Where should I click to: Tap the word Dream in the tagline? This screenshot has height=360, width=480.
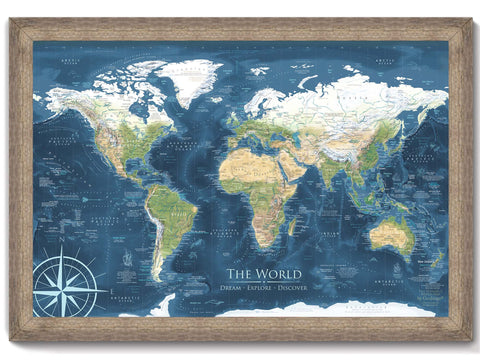coord(233,287)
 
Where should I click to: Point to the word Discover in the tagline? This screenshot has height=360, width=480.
coord(295,287)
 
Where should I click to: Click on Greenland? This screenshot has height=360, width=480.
coord(189,78)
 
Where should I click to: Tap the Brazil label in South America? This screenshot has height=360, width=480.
coord(183,210)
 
